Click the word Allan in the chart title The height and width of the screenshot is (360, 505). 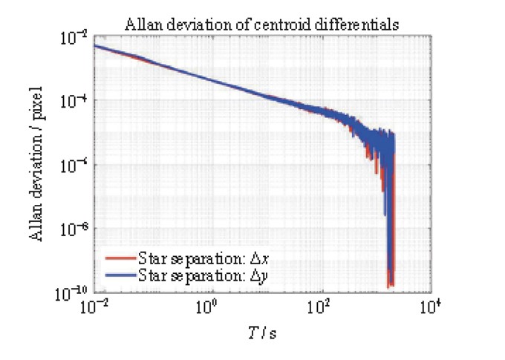pos(138,24)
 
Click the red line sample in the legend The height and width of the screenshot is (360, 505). pos(120,259)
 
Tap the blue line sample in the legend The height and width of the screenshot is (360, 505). pos(120,275)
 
